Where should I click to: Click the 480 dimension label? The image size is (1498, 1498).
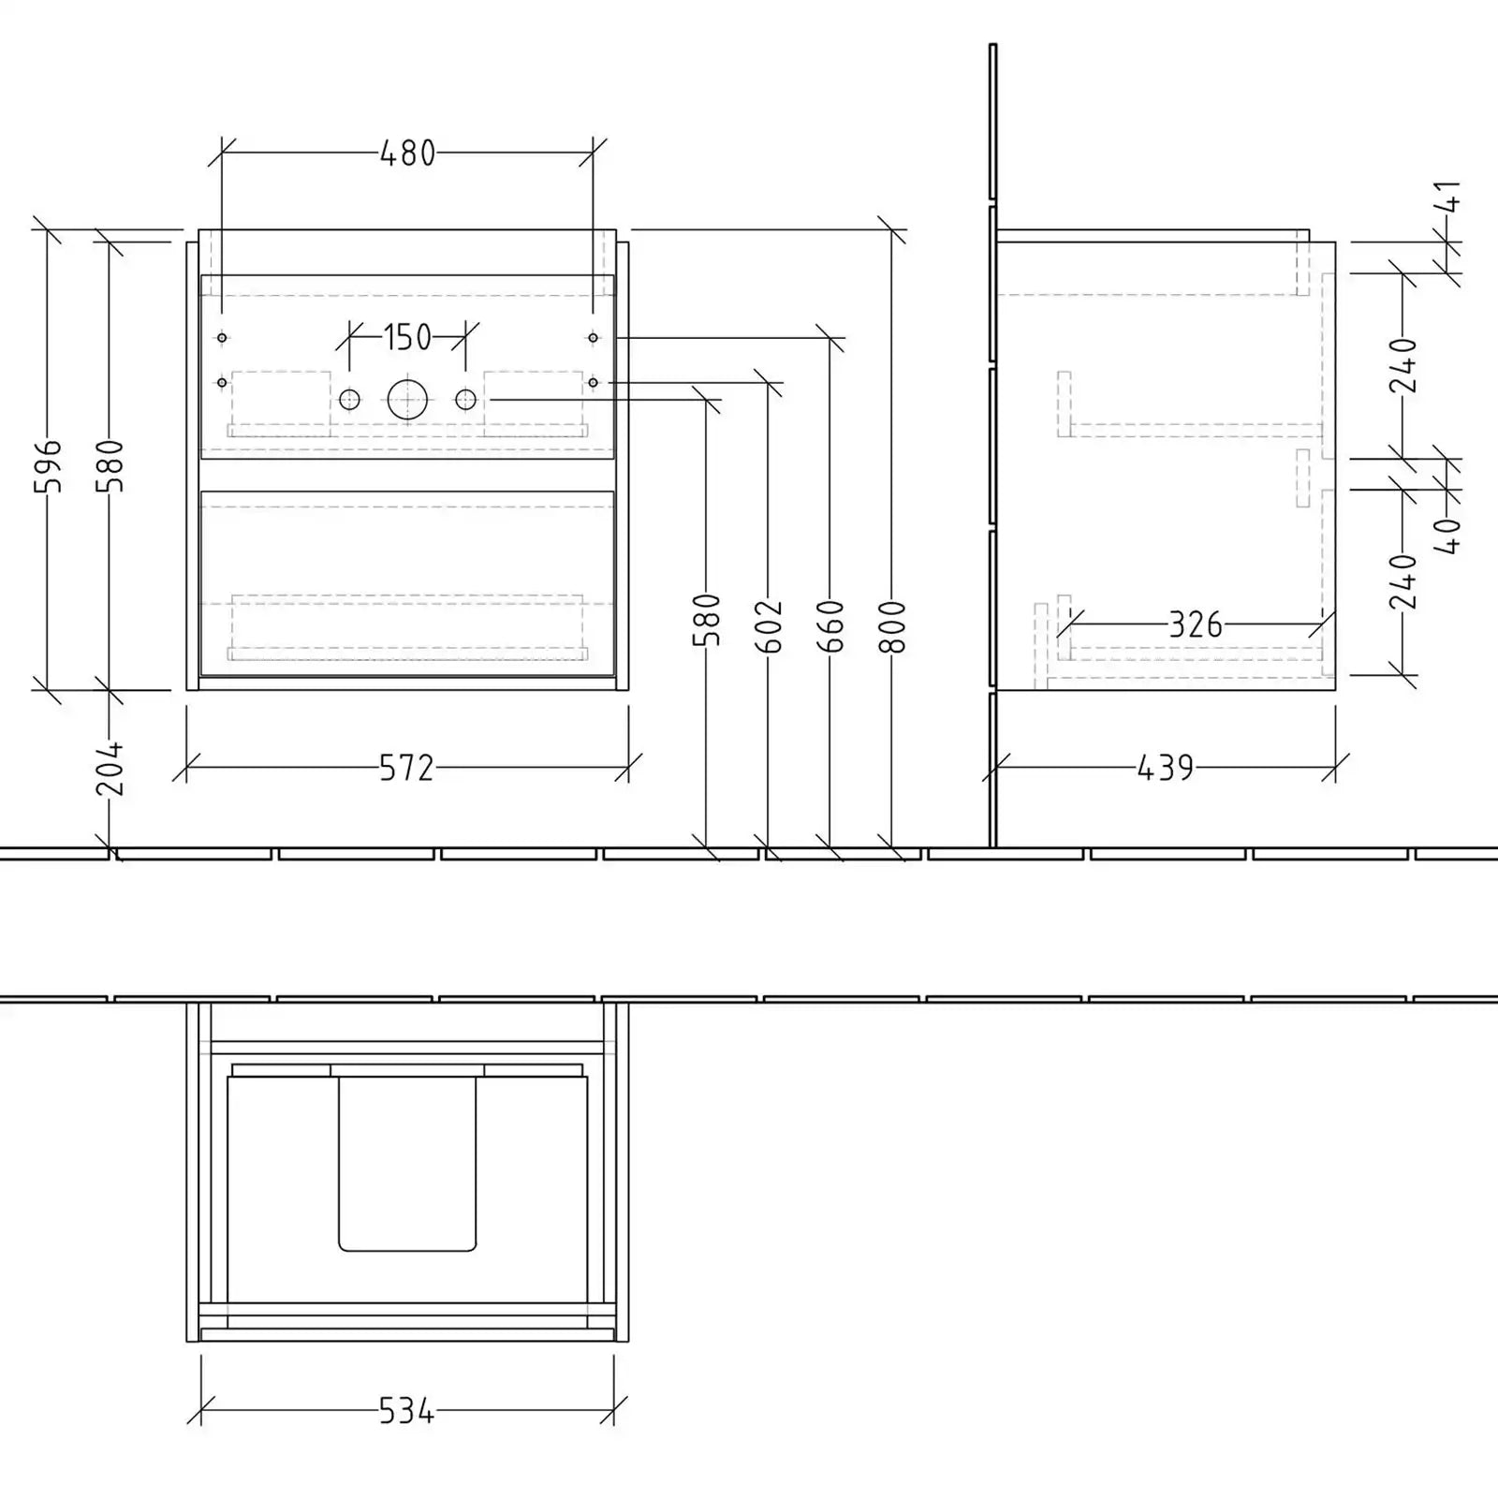point(407,153)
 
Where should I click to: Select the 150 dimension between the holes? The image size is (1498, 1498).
point(407,337)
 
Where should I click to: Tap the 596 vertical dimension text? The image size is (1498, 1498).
point(47,464)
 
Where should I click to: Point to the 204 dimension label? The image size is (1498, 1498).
point(110,768)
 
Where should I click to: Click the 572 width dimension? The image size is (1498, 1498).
point(407,769)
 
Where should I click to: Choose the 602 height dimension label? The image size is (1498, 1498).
point(769,626)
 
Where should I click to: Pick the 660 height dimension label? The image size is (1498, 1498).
point(830,626)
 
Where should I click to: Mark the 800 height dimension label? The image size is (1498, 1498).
point(893,626)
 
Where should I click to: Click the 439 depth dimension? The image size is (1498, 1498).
point(1166,769)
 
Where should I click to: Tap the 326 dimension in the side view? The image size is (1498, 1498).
point(1196,624)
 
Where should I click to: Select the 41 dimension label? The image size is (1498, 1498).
point(1447,198)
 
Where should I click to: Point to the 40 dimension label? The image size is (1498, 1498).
point(1447,536)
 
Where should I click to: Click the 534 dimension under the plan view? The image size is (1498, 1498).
point(407,1411)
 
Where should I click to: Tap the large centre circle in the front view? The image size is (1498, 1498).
point(407,400)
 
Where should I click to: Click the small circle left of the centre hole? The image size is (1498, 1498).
point(349,400)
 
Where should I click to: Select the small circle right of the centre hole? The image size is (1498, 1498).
point(465,400)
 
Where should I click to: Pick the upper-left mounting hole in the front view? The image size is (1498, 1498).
point(222,337)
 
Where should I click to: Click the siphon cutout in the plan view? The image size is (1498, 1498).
point(407,1164)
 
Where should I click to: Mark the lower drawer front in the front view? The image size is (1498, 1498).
point(407,583)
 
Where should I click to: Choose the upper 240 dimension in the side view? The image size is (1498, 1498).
point(1403,365)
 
